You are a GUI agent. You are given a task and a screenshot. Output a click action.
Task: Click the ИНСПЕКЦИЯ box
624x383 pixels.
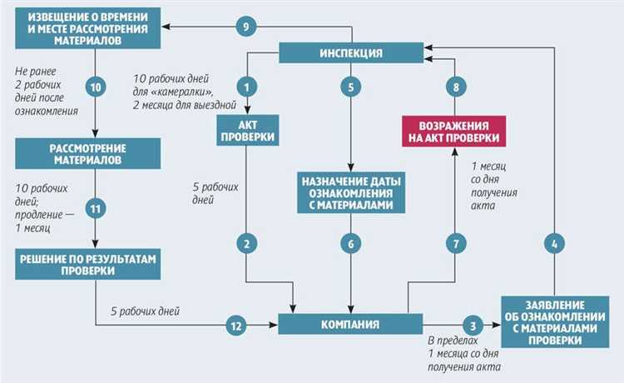coord(351,53)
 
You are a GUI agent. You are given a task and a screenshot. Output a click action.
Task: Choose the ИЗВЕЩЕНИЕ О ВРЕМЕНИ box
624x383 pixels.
coord(87,27)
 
